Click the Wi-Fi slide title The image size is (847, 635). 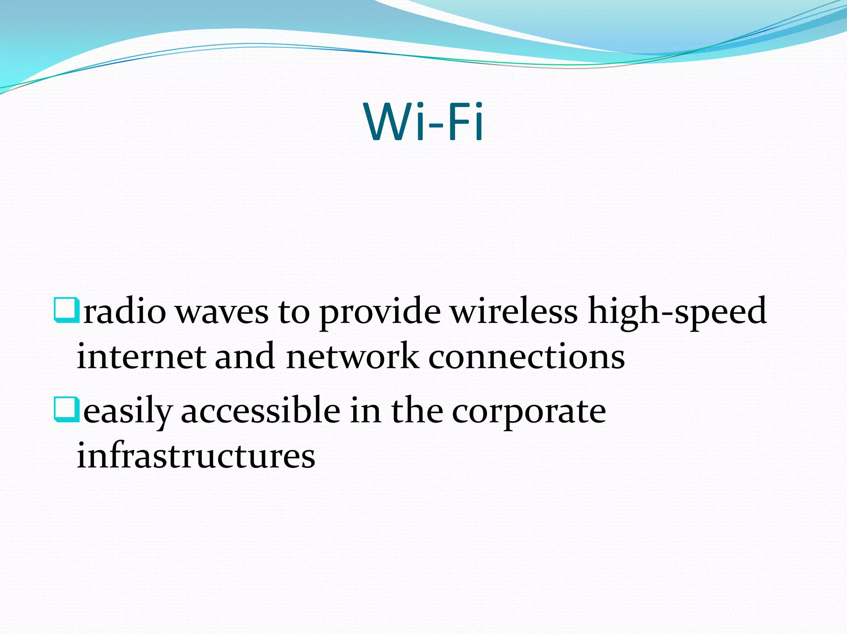[423, 122]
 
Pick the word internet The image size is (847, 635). [141, 357]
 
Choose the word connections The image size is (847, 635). [526, 357]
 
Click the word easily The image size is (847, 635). [128, 412]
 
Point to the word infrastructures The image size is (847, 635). [196, 456]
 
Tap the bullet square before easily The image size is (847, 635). [66, 409]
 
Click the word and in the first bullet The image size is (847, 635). [244, 356]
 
